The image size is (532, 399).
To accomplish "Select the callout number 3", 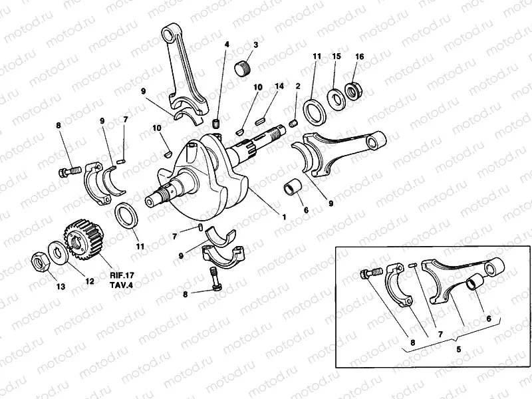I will click(x=255, y=45).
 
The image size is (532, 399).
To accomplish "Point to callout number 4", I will click(x=227, y=45).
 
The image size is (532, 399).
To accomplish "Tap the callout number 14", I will click(x=279, y=87).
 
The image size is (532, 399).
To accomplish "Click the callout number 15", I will click(x=336, y=57).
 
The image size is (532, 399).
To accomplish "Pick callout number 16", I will click(x=359, y=57).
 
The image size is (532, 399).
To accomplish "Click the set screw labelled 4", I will click(x=216, y=123).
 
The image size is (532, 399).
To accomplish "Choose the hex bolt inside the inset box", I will click(x=371, y=273).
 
